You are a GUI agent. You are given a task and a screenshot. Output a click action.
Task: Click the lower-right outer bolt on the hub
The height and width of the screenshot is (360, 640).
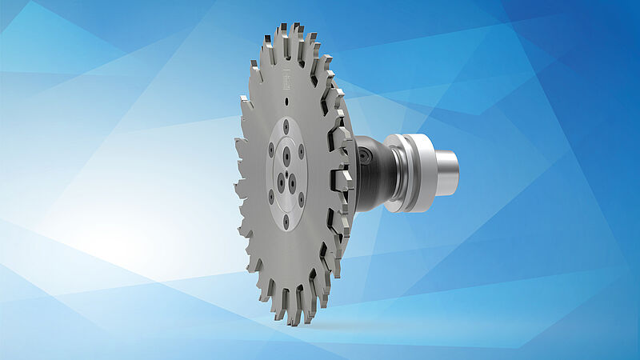[300, 199]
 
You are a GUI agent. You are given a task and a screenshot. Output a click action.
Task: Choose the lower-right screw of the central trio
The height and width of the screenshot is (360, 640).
[293, 186]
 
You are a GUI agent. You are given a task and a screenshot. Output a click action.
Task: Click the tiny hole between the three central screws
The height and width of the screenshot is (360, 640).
[286, 174]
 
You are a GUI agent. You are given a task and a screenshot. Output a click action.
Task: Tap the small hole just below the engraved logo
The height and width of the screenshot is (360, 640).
[286, 102]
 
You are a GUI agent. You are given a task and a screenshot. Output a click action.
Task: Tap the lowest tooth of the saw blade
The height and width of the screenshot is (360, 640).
[297, 318]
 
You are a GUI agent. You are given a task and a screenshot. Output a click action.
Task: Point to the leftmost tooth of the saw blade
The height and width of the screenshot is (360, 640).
[238, 148]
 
